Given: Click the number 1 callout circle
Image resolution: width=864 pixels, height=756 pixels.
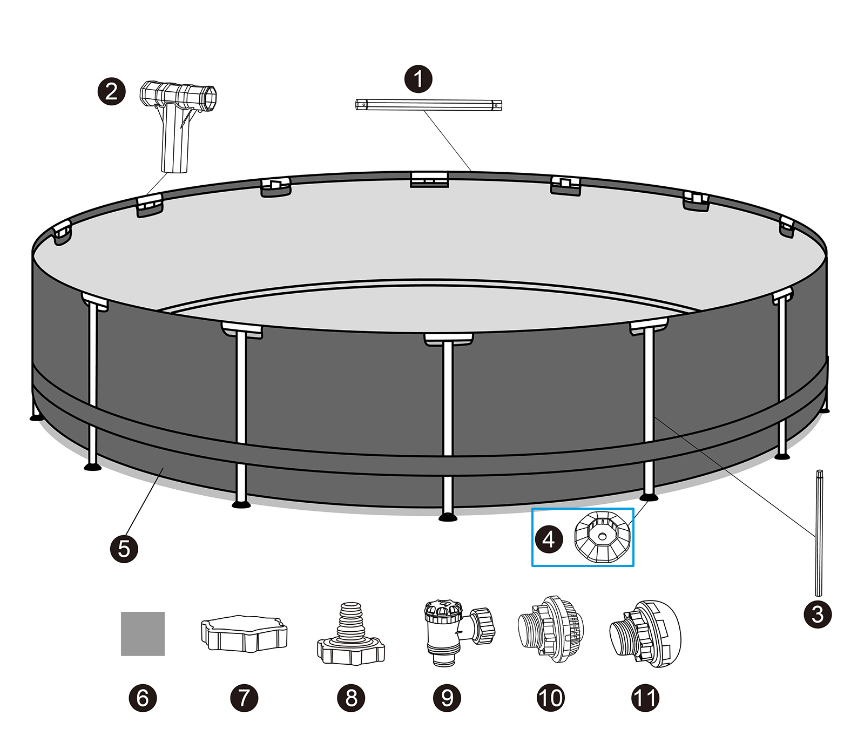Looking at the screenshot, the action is [x=418, y=79].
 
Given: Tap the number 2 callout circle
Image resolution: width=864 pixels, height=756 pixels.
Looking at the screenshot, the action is [x=111, y=91].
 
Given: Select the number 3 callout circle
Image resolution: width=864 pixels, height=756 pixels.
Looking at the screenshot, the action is [x=818, y=614].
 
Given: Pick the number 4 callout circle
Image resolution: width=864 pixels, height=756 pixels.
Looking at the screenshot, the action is [x=549, y=539].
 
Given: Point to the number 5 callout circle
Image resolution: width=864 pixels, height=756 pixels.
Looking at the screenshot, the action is [x=124, y=549].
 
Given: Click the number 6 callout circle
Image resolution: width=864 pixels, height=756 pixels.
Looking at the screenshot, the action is [x=143, y=697].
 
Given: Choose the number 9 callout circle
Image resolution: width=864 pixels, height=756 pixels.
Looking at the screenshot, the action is [x=447, y=697].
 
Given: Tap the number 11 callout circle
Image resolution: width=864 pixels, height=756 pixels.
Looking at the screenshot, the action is [x=645, y=697].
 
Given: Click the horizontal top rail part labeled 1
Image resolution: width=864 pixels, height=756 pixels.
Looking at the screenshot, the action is [x=429, y=105].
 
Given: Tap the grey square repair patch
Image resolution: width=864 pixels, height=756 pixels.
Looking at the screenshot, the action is [x=143, y=634].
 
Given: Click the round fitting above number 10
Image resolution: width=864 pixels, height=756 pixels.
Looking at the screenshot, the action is [x=551, y=626].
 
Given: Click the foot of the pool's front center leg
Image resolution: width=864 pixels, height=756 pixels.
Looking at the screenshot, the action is [x=448, y=517].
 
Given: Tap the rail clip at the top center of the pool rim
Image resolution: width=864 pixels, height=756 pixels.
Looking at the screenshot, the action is [x=429, y=180].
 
